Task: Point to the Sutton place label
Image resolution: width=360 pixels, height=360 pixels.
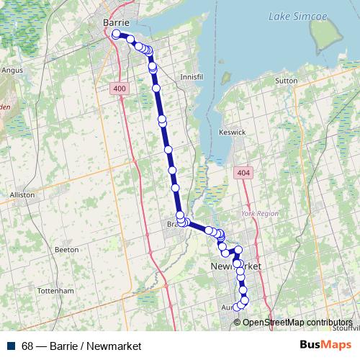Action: [286, 81]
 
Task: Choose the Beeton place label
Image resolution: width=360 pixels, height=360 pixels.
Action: [66, 249]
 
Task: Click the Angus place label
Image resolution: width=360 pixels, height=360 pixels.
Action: [13, 71]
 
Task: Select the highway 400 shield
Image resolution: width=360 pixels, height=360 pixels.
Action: [120, 88]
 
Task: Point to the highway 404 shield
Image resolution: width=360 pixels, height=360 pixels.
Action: [243, 174]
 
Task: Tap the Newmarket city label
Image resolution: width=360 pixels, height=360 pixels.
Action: [235, 267]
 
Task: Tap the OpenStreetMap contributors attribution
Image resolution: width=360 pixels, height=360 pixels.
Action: [297, 323]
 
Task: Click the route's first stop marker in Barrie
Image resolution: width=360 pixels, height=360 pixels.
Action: [117, 34]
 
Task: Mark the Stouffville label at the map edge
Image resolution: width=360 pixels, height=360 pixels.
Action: [347, 328]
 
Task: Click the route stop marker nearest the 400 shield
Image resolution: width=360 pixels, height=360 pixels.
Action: [156, 88]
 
